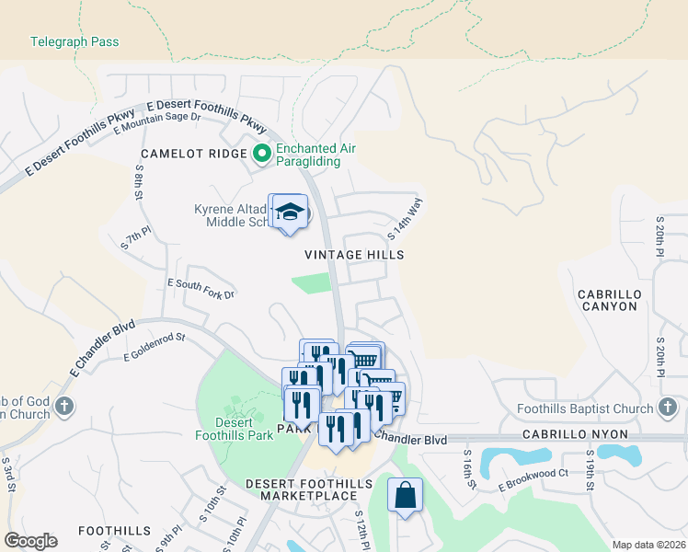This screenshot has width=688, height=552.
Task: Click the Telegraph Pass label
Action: [75, 42]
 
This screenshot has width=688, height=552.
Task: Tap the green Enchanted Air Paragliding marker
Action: [261, 154]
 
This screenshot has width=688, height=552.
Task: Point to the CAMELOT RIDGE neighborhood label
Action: [193, 154]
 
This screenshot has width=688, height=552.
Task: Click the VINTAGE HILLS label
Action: [354, 254]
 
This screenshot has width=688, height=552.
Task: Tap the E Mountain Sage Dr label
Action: [157, 121]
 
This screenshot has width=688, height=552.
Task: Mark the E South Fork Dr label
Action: [201, 288]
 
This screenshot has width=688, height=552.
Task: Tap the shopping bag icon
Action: [405, 496]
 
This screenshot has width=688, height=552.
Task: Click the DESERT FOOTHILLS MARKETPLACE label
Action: [301, 489]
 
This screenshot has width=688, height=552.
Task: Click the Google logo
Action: [30, 541]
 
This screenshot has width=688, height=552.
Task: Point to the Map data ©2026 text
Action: [648, 545]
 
